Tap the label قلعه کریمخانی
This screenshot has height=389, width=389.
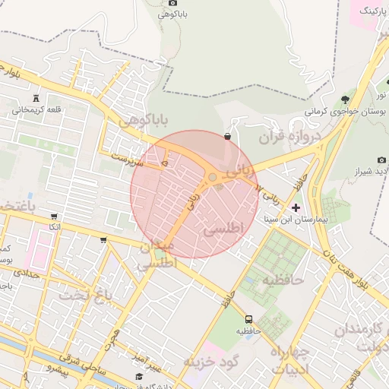(x=35, y=109)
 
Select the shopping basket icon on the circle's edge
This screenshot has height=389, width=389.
(x=228, y=137)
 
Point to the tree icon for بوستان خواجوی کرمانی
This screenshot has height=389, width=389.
(x=346, y=99)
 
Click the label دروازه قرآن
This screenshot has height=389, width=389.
(x=292, y=137)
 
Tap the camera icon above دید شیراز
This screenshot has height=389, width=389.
(x=381, y=160)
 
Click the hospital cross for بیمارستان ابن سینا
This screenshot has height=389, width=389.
(x=296, y=207)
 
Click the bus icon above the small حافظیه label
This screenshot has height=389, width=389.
(x=249, y=319)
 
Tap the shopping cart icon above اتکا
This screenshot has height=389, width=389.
(x=54, y=217)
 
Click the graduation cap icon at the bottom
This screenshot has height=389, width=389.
(x=139, y=377)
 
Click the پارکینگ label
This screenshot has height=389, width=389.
(x=370, y=10)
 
